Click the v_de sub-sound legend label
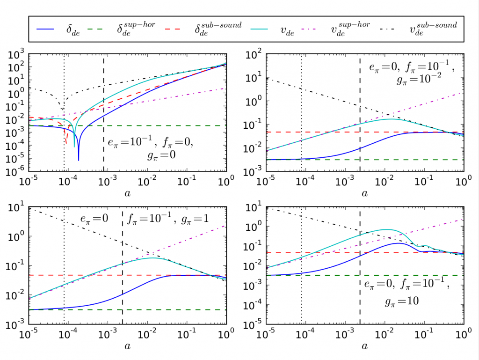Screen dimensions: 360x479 434,29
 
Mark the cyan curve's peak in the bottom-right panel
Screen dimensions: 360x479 386,229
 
